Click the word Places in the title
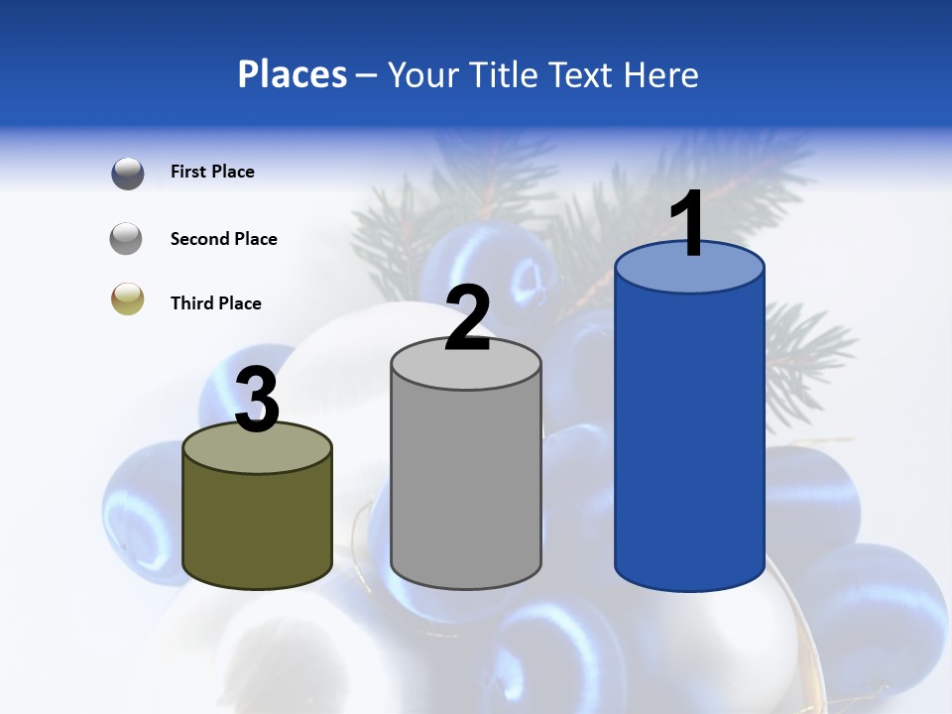click(x=293, y=74)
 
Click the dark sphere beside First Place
click(x=128, y=173)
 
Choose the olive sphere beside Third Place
click(x=128, y=299)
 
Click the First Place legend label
click(x=212, y=172)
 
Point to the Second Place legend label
click(x=223, y=239)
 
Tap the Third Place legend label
click(x=215, y=303)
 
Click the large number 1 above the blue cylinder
click(x=688, y=224)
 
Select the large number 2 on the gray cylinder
click(x=467, y=318)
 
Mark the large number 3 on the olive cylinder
click(x=258, y=401)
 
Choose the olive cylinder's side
click(x=258, y=526)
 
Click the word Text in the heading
click(x=579, y=74)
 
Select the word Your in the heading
click(x=419, y=74)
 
